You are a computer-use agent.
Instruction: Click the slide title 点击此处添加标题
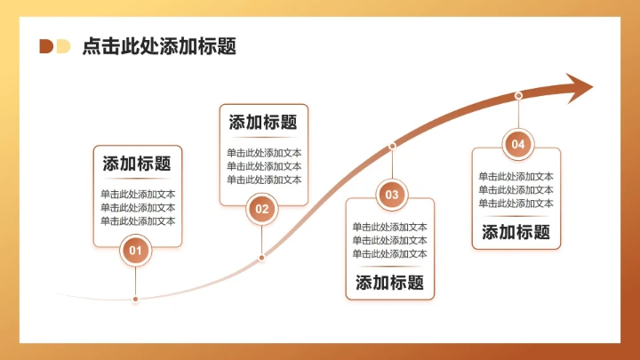click(159, 46)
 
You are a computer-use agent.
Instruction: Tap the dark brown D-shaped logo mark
click(46, 46)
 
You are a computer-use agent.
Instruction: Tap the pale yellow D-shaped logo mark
click(63, 46)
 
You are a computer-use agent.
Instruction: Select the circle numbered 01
click(135, 250)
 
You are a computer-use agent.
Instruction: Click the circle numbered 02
click(261, 209)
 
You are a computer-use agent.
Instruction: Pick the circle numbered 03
click(392, 195)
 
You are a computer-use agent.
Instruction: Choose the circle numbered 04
click(518, 144)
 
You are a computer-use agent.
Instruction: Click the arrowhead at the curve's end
click(579, 88)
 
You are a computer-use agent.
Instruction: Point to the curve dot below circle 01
click(135, 300)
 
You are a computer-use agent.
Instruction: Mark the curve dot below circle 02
click(261, 258)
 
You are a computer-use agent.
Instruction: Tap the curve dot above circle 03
click(392, 146)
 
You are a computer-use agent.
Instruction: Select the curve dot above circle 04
click(518, 95)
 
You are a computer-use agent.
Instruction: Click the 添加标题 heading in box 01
click(137, 164)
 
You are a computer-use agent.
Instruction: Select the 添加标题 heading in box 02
click(263, 122)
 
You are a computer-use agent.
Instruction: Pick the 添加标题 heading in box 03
click(390, 283)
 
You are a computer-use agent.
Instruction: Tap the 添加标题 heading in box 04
click(516, 232)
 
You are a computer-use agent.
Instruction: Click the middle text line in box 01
click(138, 208)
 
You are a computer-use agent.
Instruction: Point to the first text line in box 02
click(264, 153)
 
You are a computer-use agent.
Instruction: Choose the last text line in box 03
click(390, 254)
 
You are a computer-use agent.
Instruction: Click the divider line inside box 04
click(516, 216)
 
